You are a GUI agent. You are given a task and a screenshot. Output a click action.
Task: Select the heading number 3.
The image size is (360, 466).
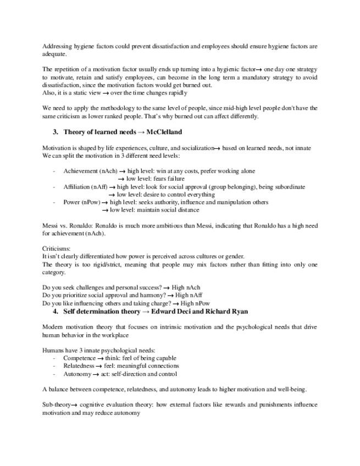56,132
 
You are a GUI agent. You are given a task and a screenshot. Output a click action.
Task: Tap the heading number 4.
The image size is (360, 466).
56,311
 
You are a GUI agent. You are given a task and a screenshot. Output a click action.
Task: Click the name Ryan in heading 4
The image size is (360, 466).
237,311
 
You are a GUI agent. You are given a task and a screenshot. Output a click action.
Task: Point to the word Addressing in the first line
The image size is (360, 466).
57,47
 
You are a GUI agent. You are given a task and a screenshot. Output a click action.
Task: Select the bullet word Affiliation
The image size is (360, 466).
77,187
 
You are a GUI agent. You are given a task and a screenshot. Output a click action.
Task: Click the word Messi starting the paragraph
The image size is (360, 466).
50,225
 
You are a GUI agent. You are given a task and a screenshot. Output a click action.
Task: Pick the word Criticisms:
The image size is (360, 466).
56,249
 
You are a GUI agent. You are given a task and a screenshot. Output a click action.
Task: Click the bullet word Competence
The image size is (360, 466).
79,358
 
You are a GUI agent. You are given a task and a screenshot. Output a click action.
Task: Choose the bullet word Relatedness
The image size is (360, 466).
79,365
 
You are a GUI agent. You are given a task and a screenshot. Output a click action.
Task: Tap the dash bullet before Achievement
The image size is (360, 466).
54,171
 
